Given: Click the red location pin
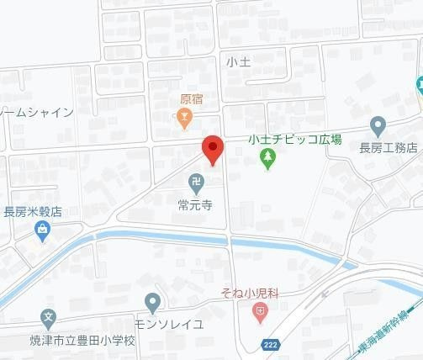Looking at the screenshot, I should coord(213,150).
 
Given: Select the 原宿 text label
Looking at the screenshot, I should coord(191,98).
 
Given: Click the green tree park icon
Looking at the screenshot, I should coord(267,157).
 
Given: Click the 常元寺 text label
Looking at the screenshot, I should coord(193,203).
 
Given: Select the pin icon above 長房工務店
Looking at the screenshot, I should coord(378,126).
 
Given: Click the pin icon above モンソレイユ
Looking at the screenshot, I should coord(152,301).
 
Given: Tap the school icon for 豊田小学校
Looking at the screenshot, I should coord(48,320).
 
